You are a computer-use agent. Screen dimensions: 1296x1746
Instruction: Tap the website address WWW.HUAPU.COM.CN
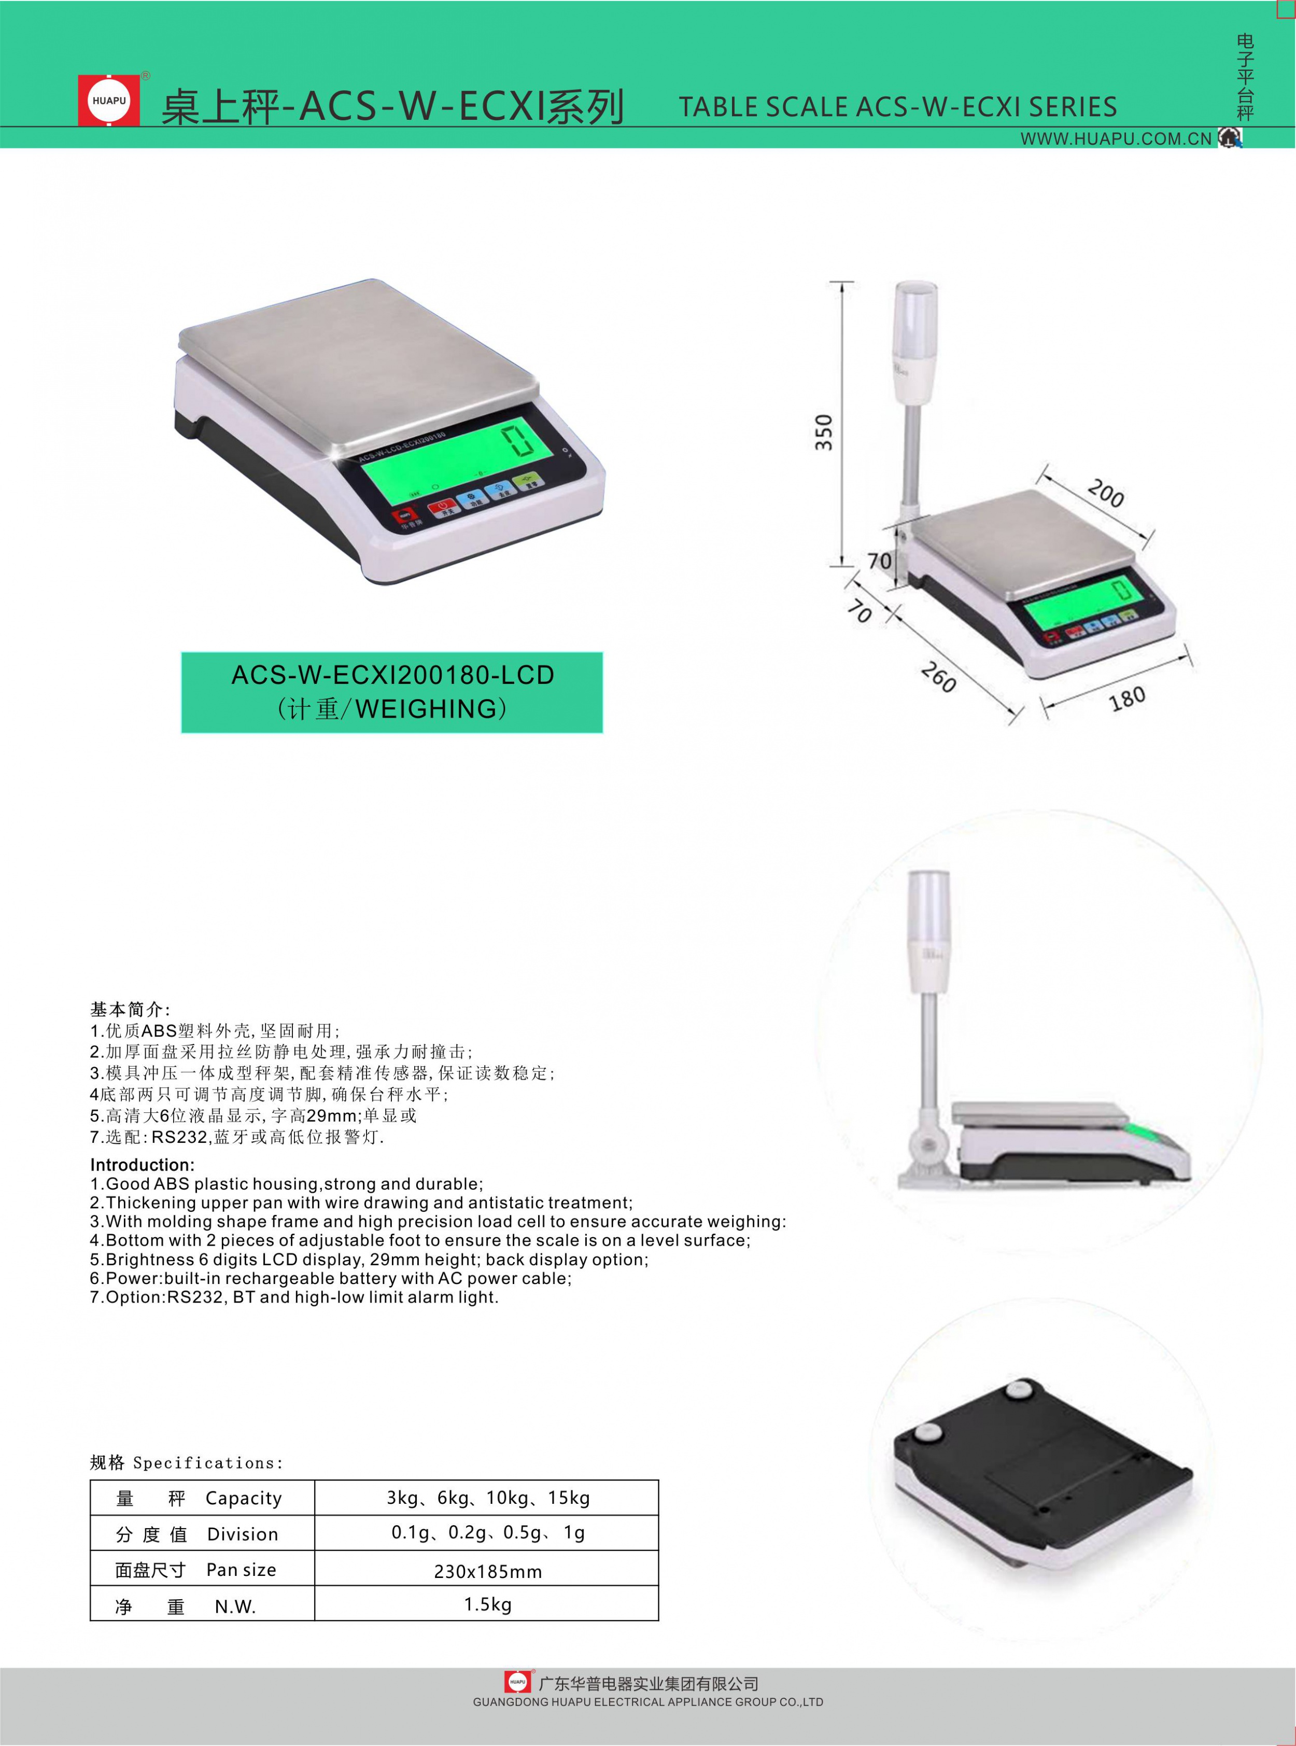(1116, 139)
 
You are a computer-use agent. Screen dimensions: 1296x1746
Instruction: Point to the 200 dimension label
(1105, 494)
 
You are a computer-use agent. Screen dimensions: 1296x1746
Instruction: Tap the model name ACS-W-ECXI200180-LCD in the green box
(392, 675)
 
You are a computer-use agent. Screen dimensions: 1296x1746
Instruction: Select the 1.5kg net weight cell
(487, 1604)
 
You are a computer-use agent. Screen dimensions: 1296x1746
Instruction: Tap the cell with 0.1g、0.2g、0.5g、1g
(487, 1532)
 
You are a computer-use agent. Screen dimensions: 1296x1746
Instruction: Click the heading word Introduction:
(142, 1165)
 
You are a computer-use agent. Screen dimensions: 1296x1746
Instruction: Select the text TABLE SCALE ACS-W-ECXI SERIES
(897, 107)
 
